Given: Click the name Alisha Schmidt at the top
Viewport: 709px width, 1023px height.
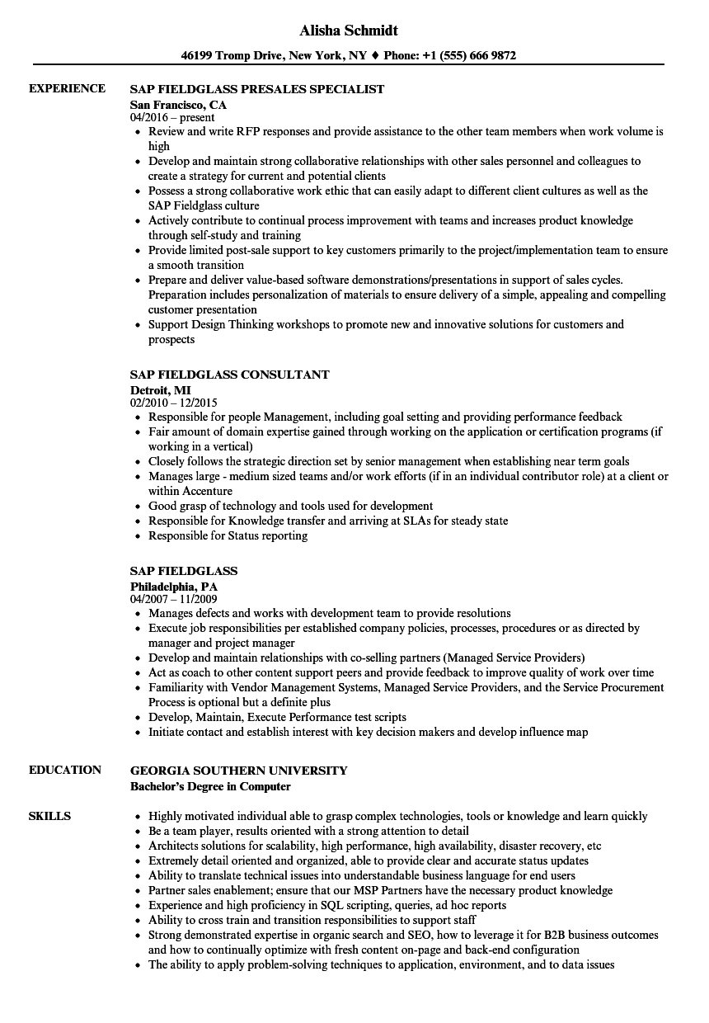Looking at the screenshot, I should tap(350, 30).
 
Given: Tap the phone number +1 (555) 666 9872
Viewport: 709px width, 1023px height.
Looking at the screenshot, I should tap(471, 56).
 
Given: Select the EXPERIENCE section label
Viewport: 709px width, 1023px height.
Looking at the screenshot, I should tap(67, 88).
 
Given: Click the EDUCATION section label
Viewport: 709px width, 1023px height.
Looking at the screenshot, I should tap(65, 770).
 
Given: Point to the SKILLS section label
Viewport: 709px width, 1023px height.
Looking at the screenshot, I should tap(49, 816).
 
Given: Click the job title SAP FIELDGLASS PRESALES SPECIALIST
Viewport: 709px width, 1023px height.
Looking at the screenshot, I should tap(257, 88).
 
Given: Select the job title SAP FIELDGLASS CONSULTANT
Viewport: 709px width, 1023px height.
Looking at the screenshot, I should tap(230, 374).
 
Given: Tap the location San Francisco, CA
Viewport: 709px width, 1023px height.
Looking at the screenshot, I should tap(178, 105).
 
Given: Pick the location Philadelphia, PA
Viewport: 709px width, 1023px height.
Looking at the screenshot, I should tap(174, 587).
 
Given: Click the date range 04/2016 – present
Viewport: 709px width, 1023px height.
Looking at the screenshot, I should tap(172, 117).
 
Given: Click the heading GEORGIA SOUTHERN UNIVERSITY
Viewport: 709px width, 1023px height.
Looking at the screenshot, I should tap(239, 770).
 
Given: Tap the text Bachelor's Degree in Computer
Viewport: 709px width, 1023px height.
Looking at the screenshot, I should tap(210, 786).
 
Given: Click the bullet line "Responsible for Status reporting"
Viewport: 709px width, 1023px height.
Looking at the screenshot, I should tap(228, 535).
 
